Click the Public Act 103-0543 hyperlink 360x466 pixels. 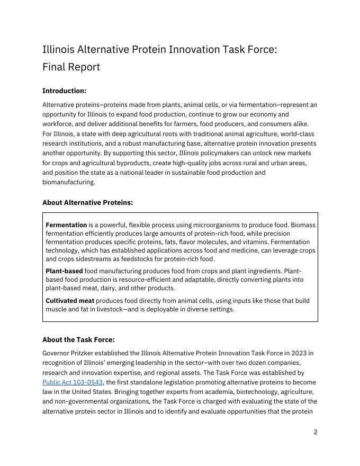click(x=73, y=382)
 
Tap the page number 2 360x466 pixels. click(x=316, y=432)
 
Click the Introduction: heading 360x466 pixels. click(x=64, y=91)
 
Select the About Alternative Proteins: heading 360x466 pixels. click(x=87, y=203)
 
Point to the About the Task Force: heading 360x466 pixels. click(x=78, y=340)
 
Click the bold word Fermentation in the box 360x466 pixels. click(x=66, y=225)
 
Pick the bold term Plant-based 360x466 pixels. click(x=64, y=271)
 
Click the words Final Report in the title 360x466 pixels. click(x=71, y=67)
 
